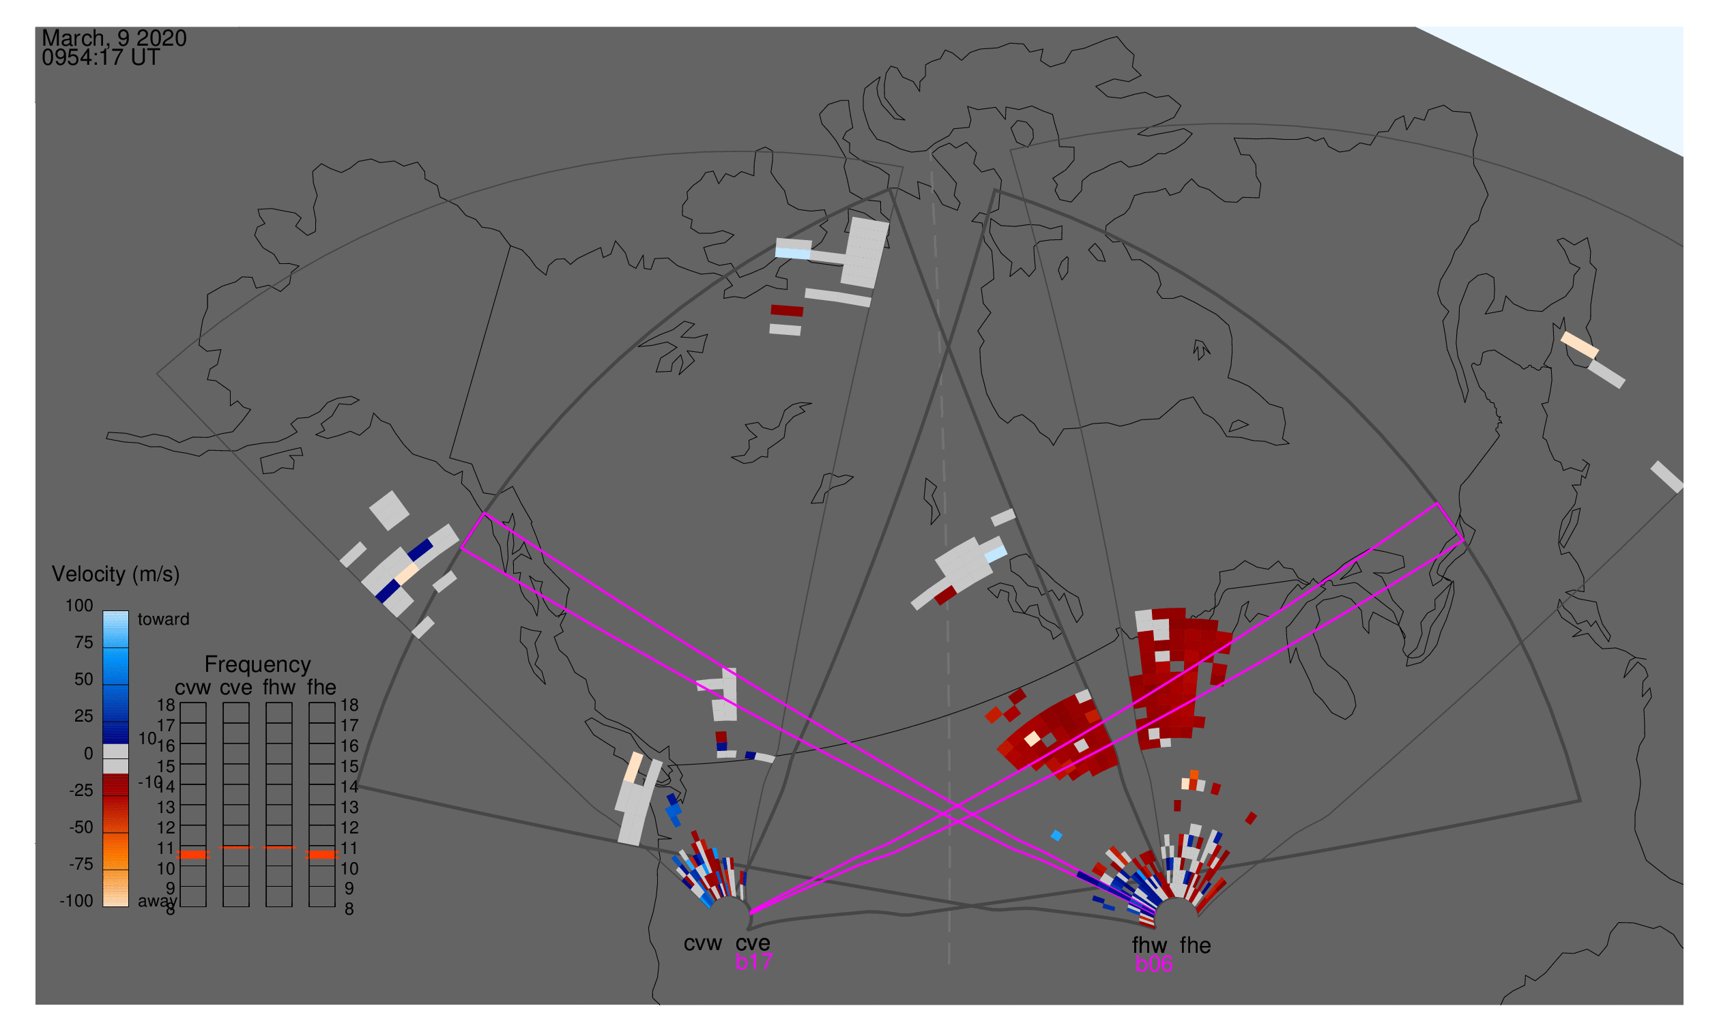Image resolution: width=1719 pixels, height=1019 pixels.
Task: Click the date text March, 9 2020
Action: pos(114,38)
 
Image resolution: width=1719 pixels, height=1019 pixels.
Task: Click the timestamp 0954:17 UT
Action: pos(100,58)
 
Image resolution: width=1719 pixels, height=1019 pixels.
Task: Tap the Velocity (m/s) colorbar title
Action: pos(115,574)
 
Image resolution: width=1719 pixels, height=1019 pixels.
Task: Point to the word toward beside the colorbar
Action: pos(163,619)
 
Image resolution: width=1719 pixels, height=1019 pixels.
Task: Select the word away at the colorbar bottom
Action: pos(156,901)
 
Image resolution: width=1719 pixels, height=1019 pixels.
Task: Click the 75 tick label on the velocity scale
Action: pos(83,643)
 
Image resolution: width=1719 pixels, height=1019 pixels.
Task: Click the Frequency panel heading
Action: pos(258,665)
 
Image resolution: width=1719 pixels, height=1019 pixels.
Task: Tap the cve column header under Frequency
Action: pos(235,688)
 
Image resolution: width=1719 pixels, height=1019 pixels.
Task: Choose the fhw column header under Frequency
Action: pos(278,688)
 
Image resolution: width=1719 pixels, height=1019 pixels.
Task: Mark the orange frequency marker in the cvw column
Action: pos(193,854)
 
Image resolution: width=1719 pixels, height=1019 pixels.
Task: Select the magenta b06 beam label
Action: pos(1153,964)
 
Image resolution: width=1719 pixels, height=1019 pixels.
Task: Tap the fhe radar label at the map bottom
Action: pos(1195,945)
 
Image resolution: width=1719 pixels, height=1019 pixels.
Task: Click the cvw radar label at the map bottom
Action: pos(702,943)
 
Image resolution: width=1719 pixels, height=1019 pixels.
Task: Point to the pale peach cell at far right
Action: pos(1580,344)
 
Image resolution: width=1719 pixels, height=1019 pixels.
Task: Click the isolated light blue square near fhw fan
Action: pos(1056,836)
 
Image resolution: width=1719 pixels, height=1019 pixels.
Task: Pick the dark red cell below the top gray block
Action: pos(787,311)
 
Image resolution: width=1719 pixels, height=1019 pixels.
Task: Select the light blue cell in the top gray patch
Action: pos(792,253)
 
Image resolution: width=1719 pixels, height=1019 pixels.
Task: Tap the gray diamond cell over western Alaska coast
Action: pos(389,510)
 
